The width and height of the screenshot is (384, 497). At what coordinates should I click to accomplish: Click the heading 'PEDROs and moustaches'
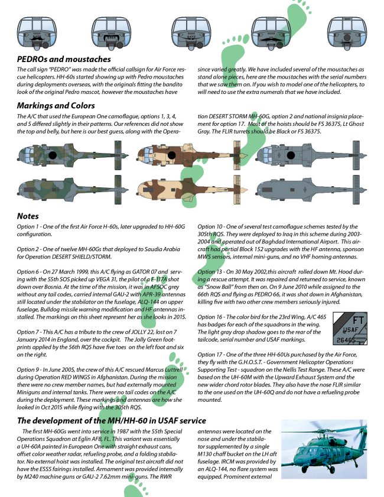pos(64,59)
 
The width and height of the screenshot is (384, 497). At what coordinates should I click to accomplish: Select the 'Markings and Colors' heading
pos(56,106)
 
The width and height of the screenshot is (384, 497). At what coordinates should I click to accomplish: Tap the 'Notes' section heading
pos(28,216)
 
